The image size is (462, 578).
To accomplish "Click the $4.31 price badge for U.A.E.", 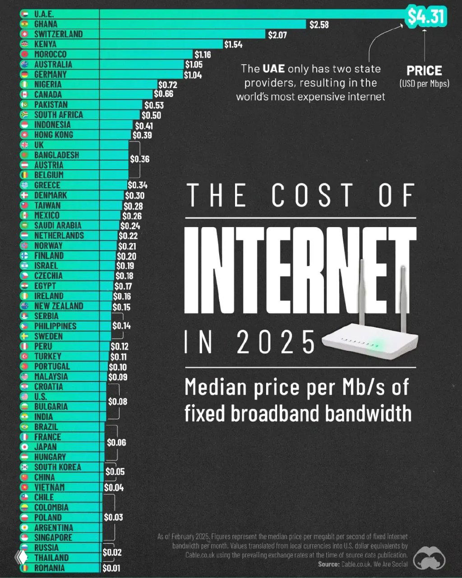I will click(426, 17).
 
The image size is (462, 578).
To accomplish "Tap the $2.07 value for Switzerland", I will click(277, 35).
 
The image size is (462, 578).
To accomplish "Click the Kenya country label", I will click(45, 44).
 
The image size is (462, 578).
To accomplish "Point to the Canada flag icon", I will click(25, 94).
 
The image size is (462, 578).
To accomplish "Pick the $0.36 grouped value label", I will click(139, 159).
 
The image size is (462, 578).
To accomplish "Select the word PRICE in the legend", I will click(424, 71).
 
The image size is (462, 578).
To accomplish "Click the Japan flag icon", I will click(25, 447).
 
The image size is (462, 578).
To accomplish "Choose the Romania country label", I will click(49, 568).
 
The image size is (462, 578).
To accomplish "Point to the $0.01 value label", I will click(111, 568).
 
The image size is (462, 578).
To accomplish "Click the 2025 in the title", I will click(276, 342).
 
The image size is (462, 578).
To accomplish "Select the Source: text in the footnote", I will click(328, 564).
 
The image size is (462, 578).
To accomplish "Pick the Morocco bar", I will click(144, 54).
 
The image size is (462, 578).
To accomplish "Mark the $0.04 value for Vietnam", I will click(114, 488).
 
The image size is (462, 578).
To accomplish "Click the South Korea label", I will click(57, 467).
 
